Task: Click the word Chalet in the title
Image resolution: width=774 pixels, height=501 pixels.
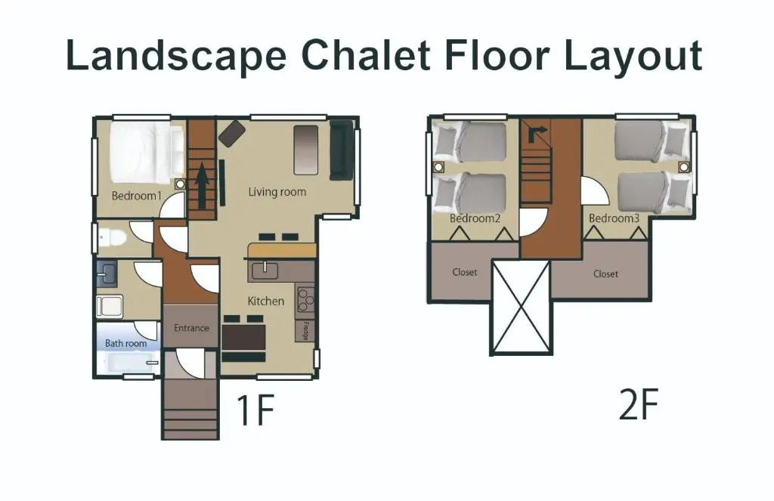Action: [x=366, y=55]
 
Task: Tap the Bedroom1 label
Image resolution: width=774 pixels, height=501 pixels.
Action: [x=137, y=196]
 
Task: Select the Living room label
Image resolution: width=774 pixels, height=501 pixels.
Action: [x=277, y=192]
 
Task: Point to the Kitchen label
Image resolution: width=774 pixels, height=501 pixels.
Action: [x=265, y=301]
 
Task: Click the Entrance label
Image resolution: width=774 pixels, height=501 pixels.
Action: [x=191, y=328]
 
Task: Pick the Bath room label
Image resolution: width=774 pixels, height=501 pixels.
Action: [x=126, y=343]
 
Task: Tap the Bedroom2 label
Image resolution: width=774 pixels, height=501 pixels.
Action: [x=475, y=218]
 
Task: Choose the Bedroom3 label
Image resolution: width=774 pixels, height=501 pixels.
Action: [x=614, y=218]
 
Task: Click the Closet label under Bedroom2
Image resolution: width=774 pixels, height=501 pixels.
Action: [x=465, y=272]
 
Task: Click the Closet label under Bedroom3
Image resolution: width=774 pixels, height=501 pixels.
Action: [x=605, y=274]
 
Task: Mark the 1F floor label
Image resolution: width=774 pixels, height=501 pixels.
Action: [x=255, y=410]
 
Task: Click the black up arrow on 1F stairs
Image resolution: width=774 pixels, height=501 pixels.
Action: [x=202, y=186]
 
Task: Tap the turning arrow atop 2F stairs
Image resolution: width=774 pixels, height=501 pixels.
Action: [x=537, y=132]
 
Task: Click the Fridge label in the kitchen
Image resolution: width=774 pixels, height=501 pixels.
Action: [x=305, y=331]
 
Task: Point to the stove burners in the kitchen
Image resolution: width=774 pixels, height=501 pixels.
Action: [x=305, y=299]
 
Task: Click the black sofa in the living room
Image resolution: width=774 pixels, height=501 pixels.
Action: [x=342, y=150]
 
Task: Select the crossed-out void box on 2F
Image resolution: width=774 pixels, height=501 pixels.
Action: [x=522, y=307]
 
